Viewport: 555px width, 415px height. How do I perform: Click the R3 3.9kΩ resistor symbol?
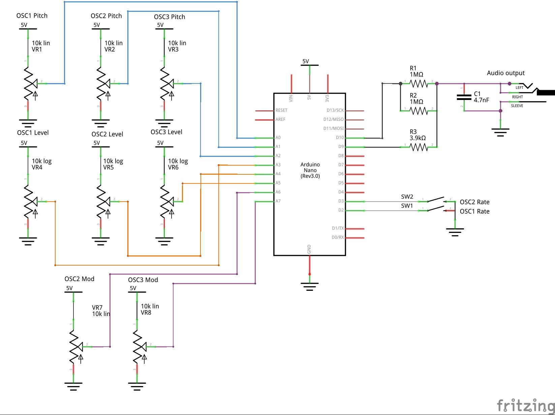click(419, 147)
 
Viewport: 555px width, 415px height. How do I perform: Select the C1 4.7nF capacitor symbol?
click(464, 97)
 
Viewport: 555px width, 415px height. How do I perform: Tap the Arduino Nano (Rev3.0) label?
click(310, 170)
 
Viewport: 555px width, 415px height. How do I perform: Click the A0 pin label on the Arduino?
click(278, 138)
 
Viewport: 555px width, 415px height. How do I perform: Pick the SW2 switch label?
click(407, 197)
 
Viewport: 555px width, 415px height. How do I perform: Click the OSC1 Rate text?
click(474, 211)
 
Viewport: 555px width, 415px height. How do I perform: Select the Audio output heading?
click(505, 73)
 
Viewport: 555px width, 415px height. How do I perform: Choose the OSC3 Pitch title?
click(169, 17)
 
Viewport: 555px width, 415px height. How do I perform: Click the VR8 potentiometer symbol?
click(138, 347)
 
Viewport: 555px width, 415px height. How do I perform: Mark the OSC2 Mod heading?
click(80, 279)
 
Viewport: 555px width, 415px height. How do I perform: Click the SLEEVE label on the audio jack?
click(517, 106)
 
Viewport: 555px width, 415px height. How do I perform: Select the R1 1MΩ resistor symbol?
click(419, 83)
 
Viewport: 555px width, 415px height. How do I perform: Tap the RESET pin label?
click(281, 110)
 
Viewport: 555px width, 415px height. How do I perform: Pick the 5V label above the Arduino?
click(305, 61)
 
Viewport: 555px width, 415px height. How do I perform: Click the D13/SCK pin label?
click(335, 110)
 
